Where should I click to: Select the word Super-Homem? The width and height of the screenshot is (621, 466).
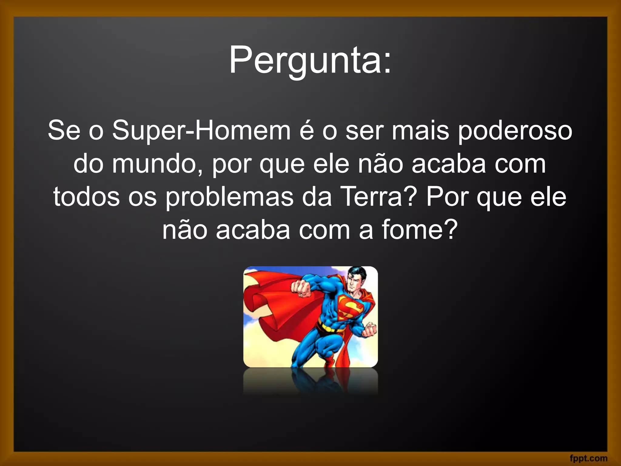point(201,131)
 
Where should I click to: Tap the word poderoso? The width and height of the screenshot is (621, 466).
point(515,131)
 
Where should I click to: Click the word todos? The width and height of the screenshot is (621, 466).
point(86,197)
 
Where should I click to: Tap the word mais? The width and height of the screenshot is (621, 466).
point(420,131)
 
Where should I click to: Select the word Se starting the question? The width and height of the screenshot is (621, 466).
point(64,131)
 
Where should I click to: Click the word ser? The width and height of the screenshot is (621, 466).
point(365,131)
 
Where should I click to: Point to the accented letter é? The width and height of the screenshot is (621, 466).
point(307,131)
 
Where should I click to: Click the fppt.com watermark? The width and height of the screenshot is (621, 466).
point(589,458)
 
